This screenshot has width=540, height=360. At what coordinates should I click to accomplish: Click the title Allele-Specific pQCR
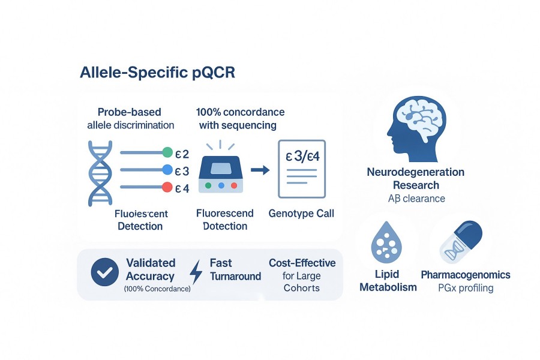pos(157,73)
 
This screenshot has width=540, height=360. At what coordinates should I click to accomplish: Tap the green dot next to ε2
pos(167,152)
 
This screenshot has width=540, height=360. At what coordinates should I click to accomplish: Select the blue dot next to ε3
pos(167,170)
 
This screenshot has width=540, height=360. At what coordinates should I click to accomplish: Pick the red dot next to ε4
pos(167,188)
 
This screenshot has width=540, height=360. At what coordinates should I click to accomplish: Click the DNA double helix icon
pos(100,170)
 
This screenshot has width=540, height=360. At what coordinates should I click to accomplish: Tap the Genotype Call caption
pos(301,214)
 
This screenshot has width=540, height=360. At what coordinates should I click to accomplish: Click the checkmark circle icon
pos(103,272)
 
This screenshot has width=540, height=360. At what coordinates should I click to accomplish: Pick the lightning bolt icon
pos(196,272)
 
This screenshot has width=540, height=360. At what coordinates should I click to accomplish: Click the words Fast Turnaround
pos(235,269)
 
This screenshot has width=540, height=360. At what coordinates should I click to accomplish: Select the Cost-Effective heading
pos(302,263)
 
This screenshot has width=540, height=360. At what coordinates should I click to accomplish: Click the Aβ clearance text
pos(415,199)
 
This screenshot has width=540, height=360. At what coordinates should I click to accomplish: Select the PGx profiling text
pos(465,288)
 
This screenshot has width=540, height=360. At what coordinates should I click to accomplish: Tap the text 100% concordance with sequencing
pos(240,119)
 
